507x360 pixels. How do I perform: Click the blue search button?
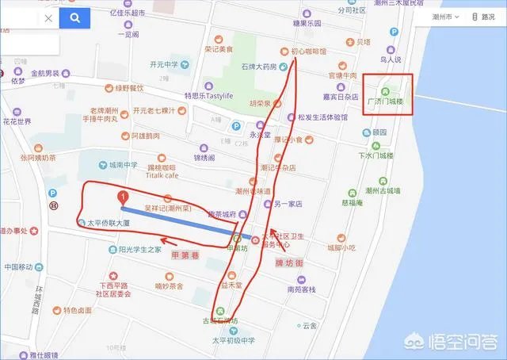point(75,17)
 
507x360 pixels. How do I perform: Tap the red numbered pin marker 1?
point(122,197)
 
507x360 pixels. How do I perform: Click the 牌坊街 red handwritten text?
point(289,262)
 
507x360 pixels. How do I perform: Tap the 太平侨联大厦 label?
point(113,223)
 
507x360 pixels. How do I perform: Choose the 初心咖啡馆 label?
point(308,50)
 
